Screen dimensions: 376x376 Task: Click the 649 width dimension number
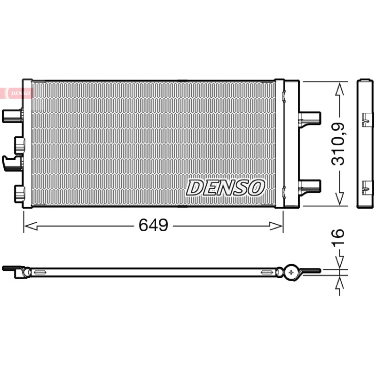coord(154,225)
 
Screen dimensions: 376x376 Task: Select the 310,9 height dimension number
coord(337,144)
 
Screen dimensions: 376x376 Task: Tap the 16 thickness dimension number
coord(337,236)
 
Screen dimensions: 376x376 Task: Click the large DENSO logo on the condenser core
coord(226,188)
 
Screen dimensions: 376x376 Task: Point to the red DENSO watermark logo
coord(16,93)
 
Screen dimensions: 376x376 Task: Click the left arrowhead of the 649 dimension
coord(31,226)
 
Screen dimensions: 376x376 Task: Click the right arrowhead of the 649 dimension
coord(276,226)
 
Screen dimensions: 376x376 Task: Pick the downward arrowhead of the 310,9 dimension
coord(340,199)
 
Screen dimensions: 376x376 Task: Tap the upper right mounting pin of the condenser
coord(309,118)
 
